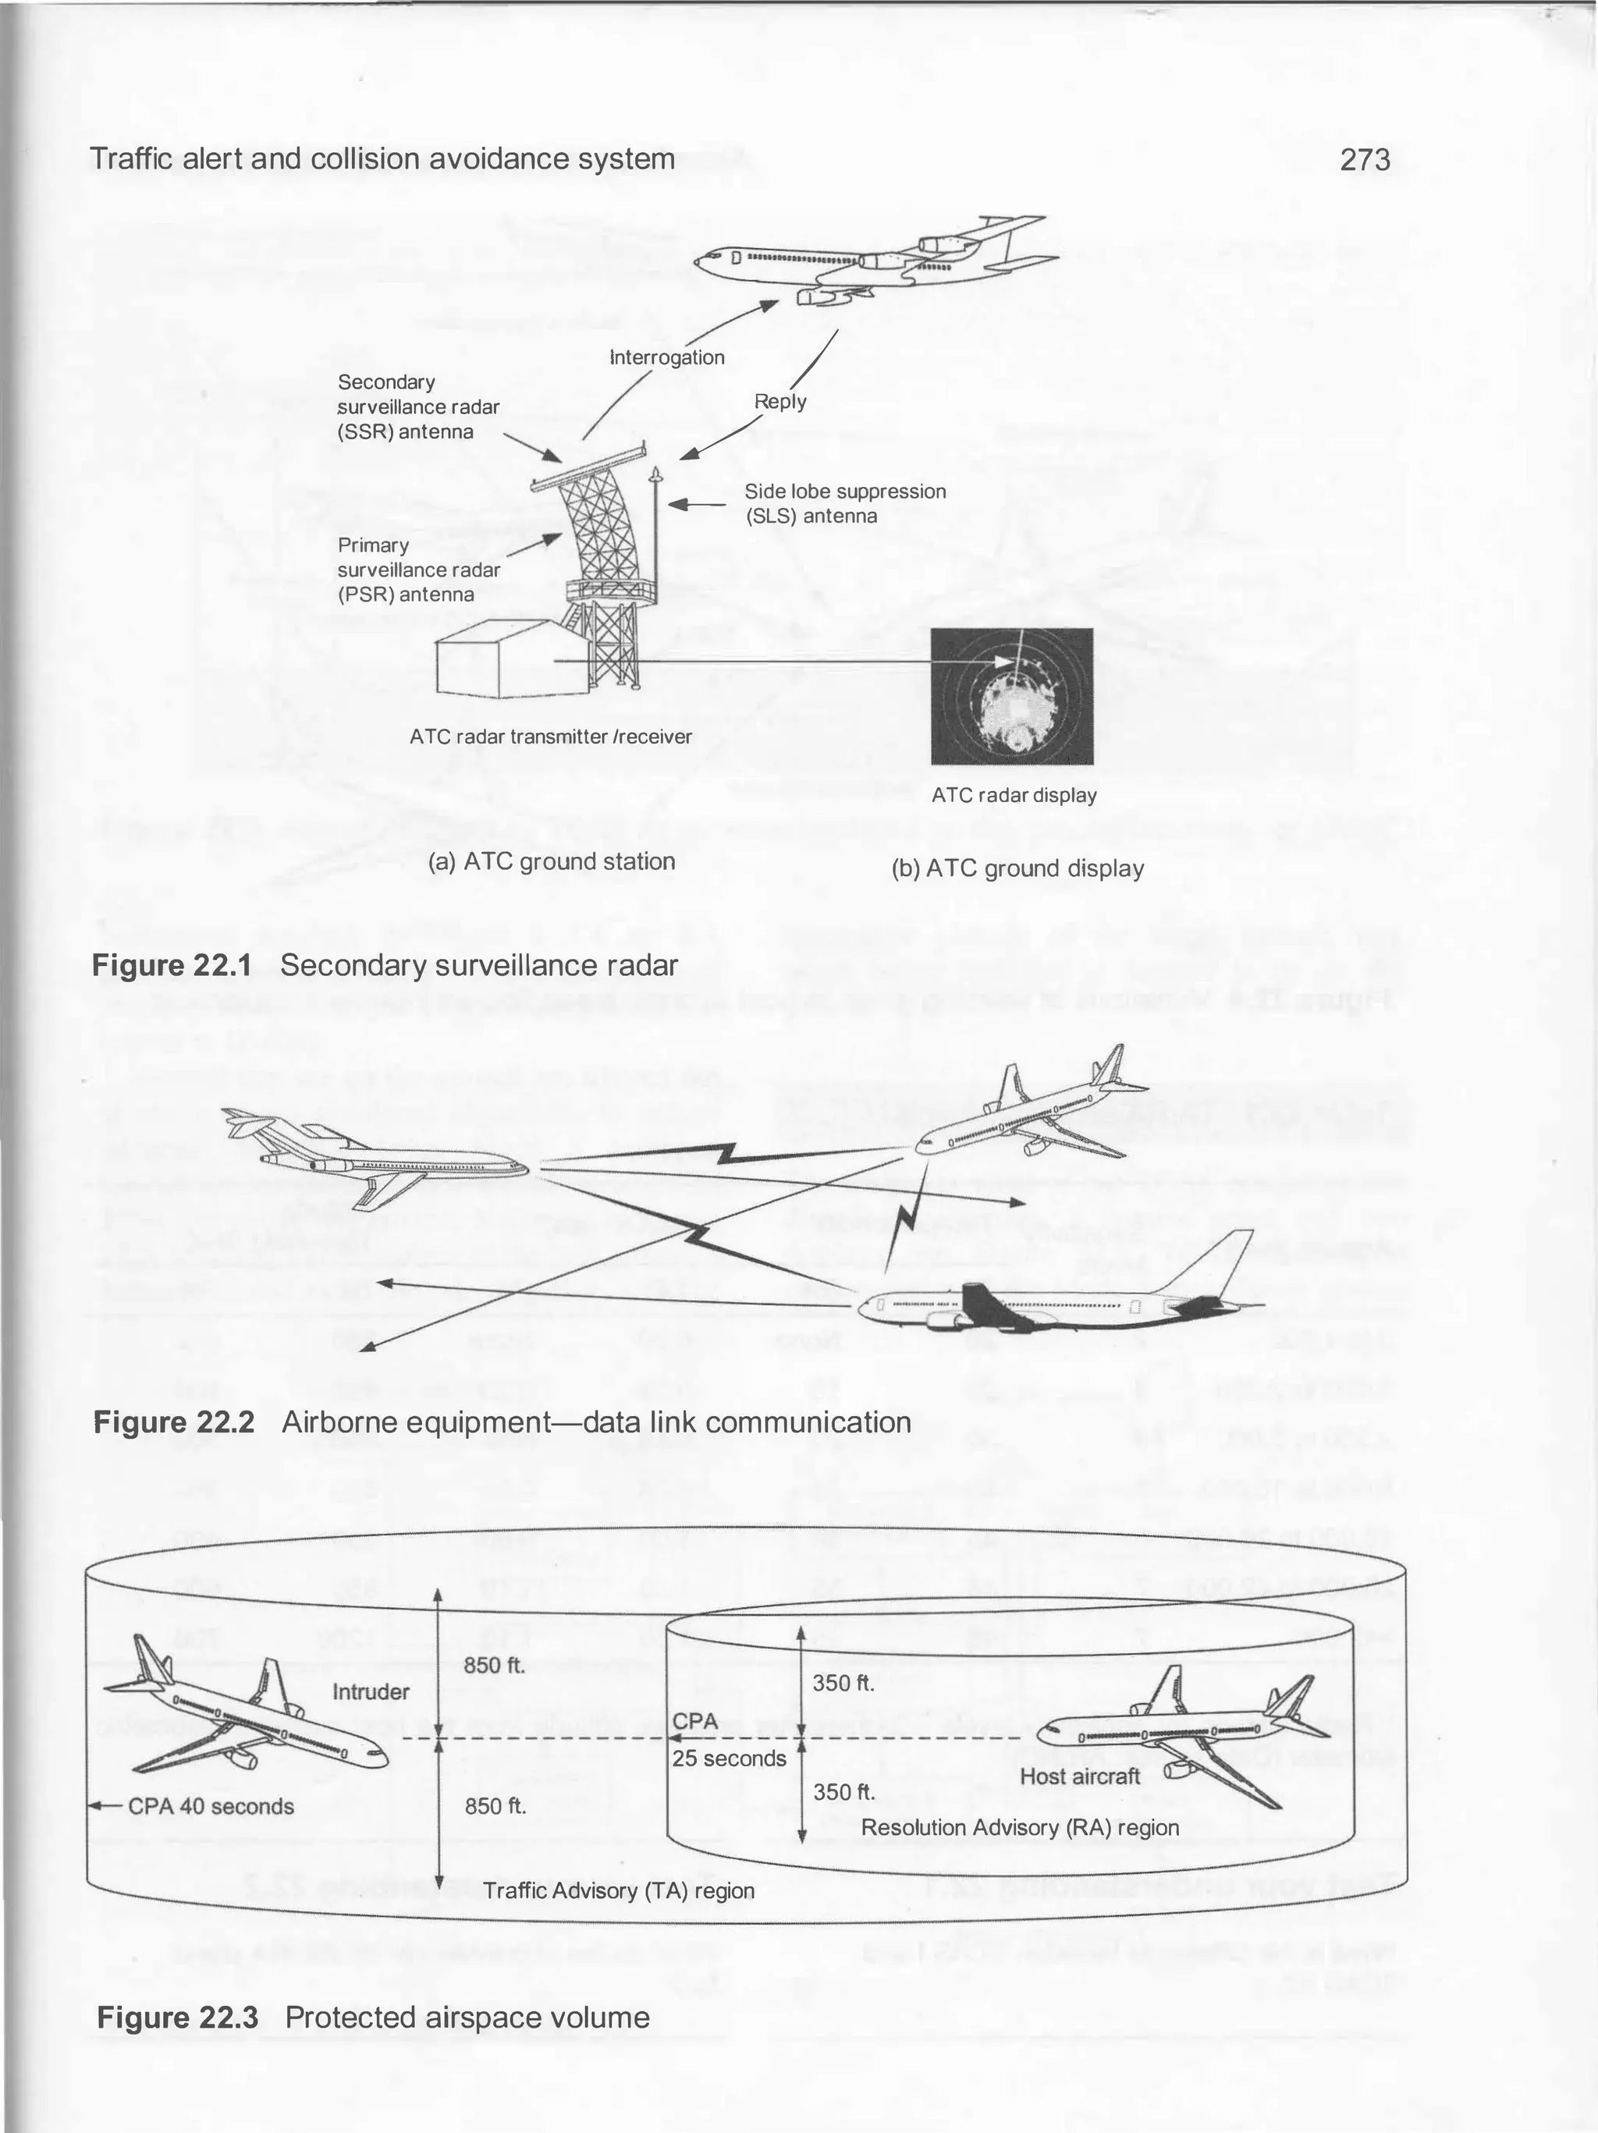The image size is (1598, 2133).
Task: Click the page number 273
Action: (1365, 159)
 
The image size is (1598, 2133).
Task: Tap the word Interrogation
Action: (667, 358)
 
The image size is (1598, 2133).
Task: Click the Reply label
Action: (780, 401)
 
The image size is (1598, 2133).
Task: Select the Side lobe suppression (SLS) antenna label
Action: (845, 503)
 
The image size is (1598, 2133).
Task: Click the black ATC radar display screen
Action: (1012, 696)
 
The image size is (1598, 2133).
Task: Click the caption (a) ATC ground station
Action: (551, 861)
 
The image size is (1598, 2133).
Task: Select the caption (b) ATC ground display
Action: (1017, 869)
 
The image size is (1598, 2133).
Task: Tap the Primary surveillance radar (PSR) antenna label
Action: (418, 570)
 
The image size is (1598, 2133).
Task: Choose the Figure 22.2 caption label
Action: (173, 1422)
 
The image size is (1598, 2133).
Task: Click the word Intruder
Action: (371, 1691)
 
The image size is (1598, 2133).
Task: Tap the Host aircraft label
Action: (1079, 1776)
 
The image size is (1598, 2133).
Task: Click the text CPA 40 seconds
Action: (210, 1806)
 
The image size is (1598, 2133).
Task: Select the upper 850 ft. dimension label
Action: (494, 1666)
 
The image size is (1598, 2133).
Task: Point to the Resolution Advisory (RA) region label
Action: (1019, 1827)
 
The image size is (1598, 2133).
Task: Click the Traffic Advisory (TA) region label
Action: (618, 1890)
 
